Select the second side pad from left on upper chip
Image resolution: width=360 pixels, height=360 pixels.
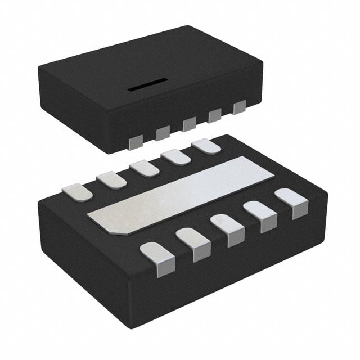point(163,133)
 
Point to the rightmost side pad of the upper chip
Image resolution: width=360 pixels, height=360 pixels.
point(240,106)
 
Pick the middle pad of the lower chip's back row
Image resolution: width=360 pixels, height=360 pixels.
point(144,167)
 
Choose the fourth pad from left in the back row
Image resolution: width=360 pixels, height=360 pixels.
point(175,156)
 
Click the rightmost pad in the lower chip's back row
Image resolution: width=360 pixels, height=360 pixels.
point(205,146)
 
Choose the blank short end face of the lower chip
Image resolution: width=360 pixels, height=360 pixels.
point(84,253)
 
